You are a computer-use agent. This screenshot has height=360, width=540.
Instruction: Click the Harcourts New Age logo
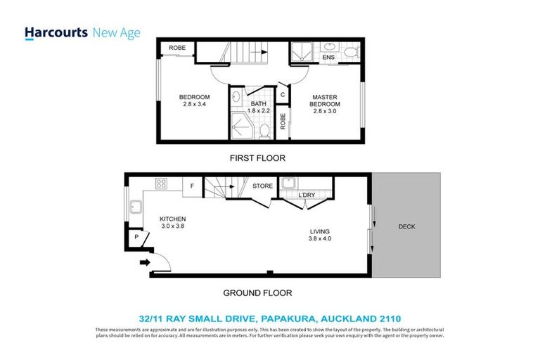click(x=82, y=33)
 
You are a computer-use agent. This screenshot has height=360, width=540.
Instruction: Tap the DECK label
click(x=407, y=226)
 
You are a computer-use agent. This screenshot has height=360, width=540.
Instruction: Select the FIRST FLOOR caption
click(x=257, y=158)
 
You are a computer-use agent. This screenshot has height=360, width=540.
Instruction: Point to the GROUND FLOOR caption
click(x=257, y=293)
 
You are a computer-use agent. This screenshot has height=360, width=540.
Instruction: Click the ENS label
click(x=328, y=58)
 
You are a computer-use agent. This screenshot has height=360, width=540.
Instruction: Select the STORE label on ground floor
click(x=263, y=186)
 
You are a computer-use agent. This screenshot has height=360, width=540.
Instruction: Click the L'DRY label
click(x=307, y=195)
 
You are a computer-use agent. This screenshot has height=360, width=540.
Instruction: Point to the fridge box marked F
click(x=191, y=186)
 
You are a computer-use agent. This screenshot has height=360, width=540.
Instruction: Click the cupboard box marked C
click(x=283, y=94)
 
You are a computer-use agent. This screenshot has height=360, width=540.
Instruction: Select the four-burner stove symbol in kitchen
click(x=161, y=185)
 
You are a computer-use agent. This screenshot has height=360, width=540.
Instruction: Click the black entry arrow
click(x=145, y=263)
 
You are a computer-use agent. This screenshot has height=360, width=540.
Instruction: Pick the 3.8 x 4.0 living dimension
click(x=320, y=238)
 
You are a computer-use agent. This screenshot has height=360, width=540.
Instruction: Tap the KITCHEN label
click(x=172, y=219)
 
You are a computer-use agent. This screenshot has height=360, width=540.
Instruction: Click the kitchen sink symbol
click(x=136, y=207)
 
